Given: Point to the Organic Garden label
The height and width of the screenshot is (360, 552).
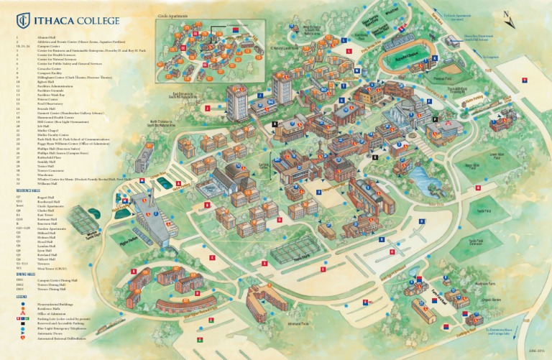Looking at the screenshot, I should pyautogui.click(x=491, y=300).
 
